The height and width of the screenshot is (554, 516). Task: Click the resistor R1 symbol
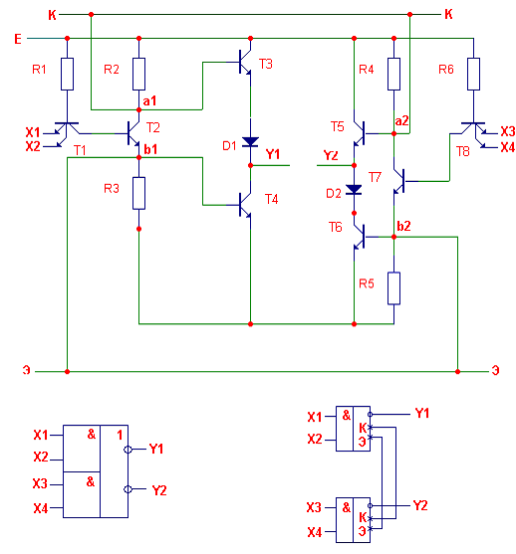[68, 74]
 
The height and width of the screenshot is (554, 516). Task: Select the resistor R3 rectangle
[138, 193]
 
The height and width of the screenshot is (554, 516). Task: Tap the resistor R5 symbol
[393, 288]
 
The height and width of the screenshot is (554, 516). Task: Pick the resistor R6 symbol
[473, 74]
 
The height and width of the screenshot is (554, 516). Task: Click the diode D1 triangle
[251, 141]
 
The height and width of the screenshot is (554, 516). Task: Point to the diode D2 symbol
[354, 190]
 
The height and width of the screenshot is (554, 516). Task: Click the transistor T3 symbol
[244, 63]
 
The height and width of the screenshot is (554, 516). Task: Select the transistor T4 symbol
[244, 205]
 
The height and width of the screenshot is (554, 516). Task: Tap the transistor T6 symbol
[361, 237]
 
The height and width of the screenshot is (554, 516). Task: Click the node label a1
[149, 101]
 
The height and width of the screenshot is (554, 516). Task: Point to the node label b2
[403, 226]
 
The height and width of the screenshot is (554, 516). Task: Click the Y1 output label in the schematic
[273, 154]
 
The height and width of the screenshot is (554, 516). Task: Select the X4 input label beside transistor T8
[507, 147]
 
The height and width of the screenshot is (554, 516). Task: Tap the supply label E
[18, 39]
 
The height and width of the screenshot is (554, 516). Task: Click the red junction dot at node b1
[138, 157]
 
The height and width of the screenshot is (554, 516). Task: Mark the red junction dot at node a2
[393, 133]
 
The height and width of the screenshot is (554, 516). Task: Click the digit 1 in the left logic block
[120, 435]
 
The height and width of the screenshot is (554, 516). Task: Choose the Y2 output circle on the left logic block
[128, 489]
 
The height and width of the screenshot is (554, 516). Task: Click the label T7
[375, 177]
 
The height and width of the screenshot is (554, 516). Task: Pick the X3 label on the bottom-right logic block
[314, 507]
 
